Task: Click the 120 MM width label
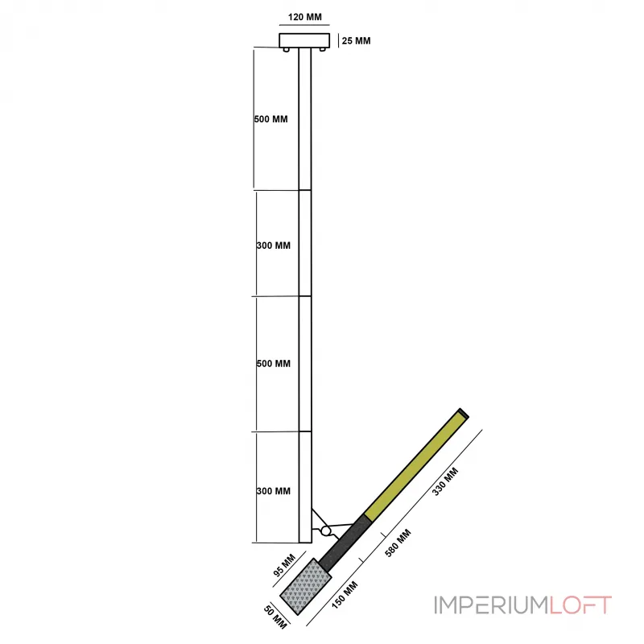coord(303,16)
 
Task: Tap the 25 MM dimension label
coord(356,40)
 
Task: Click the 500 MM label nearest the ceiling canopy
coord(270,120)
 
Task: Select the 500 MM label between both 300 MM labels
coord(273,364)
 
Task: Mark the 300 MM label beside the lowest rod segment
coord(273,491)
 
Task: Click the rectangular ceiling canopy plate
coord(304,39)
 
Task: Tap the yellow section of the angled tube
coord(414,464)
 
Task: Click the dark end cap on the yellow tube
coord(464,415)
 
